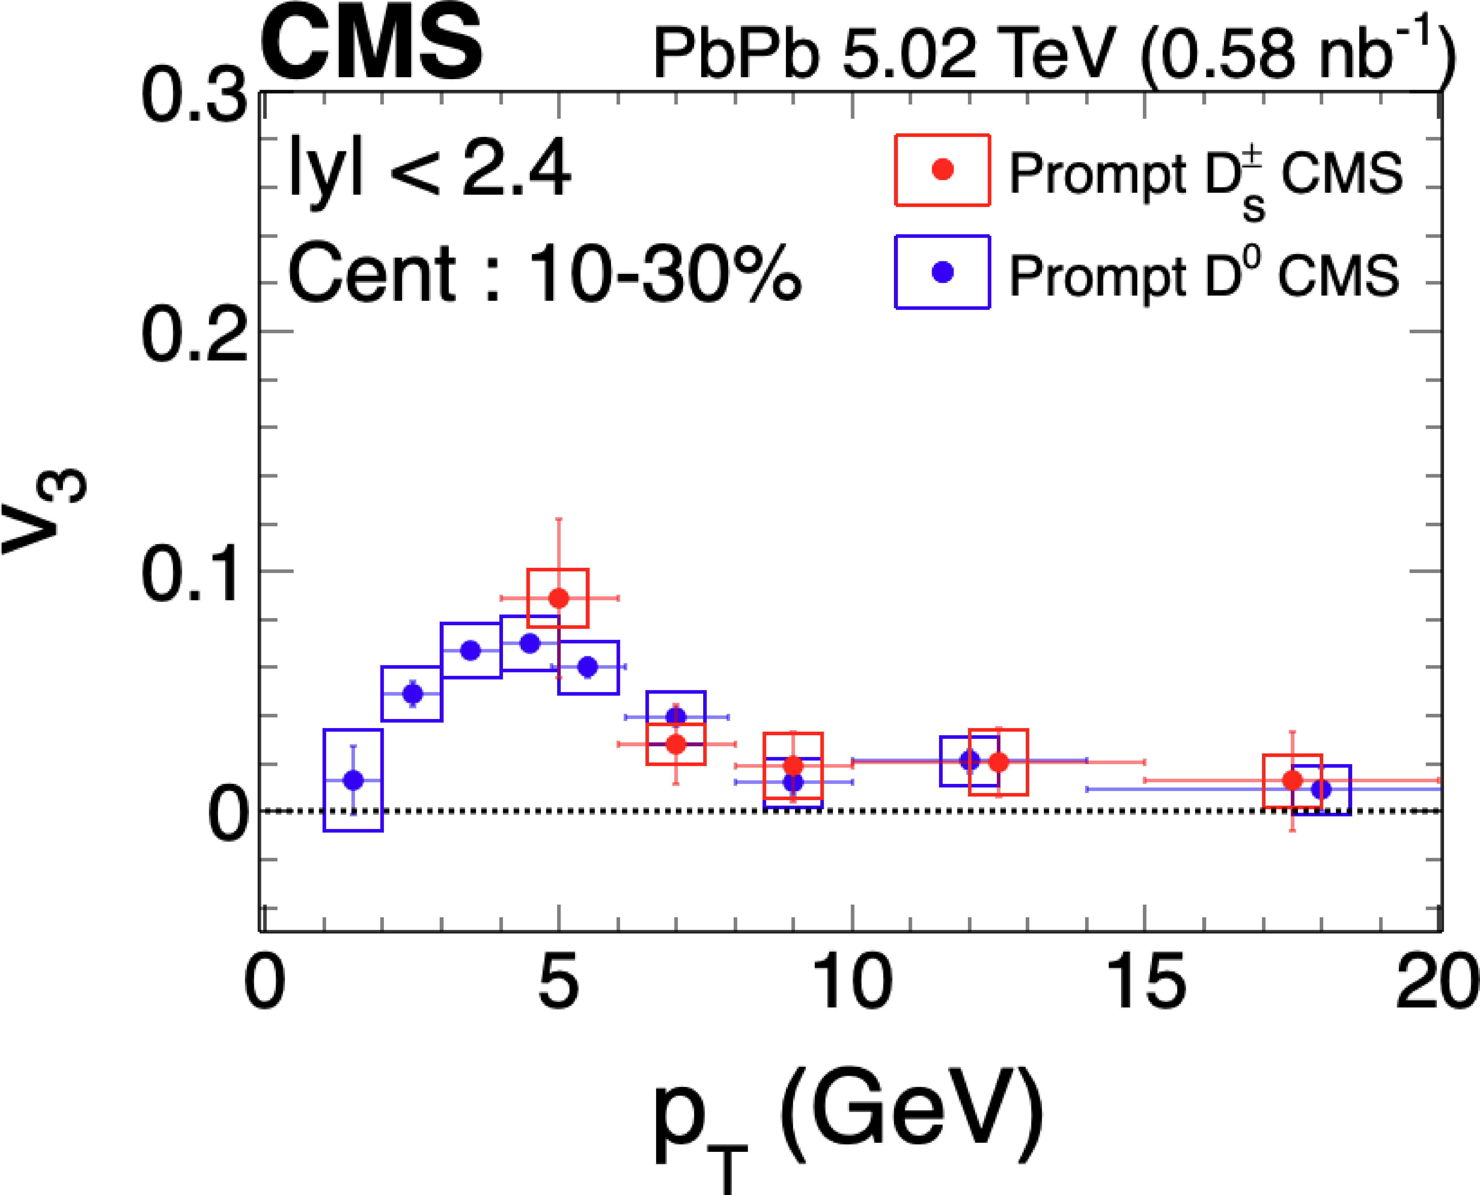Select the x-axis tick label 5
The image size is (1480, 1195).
coord(557,983)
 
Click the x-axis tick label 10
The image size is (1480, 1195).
coord(852,983)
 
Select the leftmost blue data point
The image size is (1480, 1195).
coord(353,780)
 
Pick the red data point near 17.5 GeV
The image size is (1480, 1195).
coord(1292,780)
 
